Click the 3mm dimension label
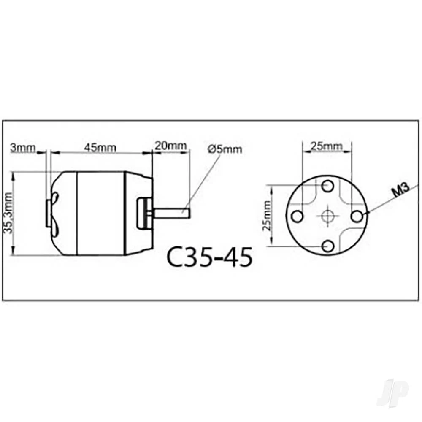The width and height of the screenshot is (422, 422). [x=23, y=148]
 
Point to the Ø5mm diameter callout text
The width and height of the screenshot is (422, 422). [x=225, y=149]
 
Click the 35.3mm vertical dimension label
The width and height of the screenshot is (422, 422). [x=8, y=213]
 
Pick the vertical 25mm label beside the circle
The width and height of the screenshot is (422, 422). [x=267, y=216]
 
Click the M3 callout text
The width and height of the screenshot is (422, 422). [x=401, y=189]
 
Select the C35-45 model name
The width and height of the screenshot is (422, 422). [x=210, y=257]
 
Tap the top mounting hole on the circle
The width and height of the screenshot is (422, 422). [x=328, y=186]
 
